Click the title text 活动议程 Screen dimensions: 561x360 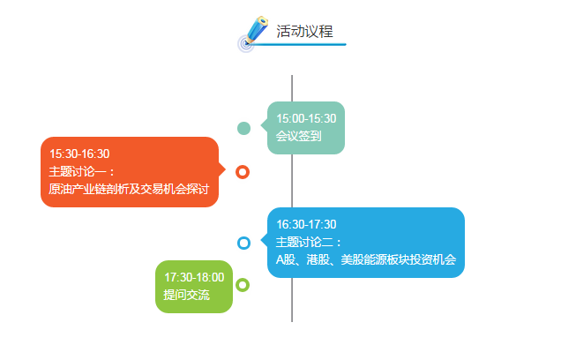tap(304, 31)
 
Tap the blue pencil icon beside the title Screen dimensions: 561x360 tap(257, 30)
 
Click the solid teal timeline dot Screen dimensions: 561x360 tap(243, 129)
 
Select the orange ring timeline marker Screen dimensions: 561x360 tap(243, 172)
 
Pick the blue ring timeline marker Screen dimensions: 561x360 tap(243, 243)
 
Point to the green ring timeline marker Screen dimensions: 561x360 tap(243, 285)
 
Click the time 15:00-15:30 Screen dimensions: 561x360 tap(306, 118)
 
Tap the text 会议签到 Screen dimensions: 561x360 tap(298, 136)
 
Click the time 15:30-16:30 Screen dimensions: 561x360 tap(79, 154)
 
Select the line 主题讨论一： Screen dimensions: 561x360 tap(81, 171)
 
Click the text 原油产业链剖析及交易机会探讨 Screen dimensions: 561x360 tap(129, 189)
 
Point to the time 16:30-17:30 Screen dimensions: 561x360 tap(306, 224)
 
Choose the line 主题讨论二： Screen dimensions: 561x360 tap(309, 243)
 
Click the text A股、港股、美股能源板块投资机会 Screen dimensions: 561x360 tap(366, 259)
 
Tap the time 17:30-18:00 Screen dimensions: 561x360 tap(194, 277)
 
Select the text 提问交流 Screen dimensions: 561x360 tap(186, 295)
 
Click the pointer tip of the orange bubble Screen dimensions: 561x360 tap(226, 169)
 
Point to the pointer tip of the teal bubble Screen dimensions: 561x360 tap(261, 125)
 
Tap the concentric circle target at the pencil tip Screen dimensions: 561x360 tap(246, 44)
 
